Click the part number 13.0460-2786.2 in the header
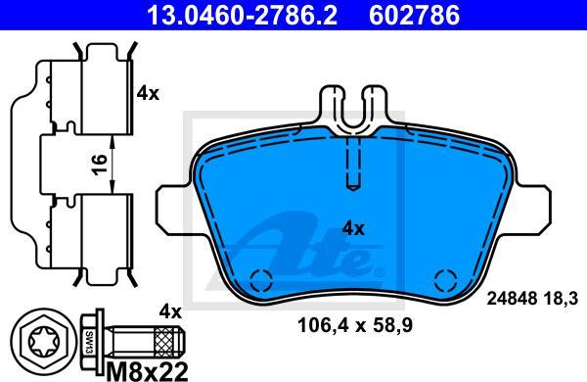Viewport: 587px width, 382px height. coord(243,15)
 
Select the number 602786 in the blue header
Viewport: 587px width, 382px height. coord(415,15)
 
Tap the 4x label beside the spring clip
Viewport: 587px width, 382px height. coord(148,93)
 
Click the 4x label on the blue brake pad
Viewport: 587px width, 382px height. coord(353,228)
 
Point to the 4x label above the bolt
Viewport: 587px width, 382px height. coord(170,311)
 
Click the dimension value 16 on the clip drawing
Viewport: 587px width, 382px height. coord(100,165)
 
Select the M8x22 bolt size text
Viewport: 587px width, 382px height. coord(147,371)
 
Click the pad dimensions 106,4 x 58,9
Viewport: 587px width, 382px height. coord(355,325)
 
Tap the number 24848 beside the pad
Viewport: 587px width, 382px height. coord(513,299)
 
